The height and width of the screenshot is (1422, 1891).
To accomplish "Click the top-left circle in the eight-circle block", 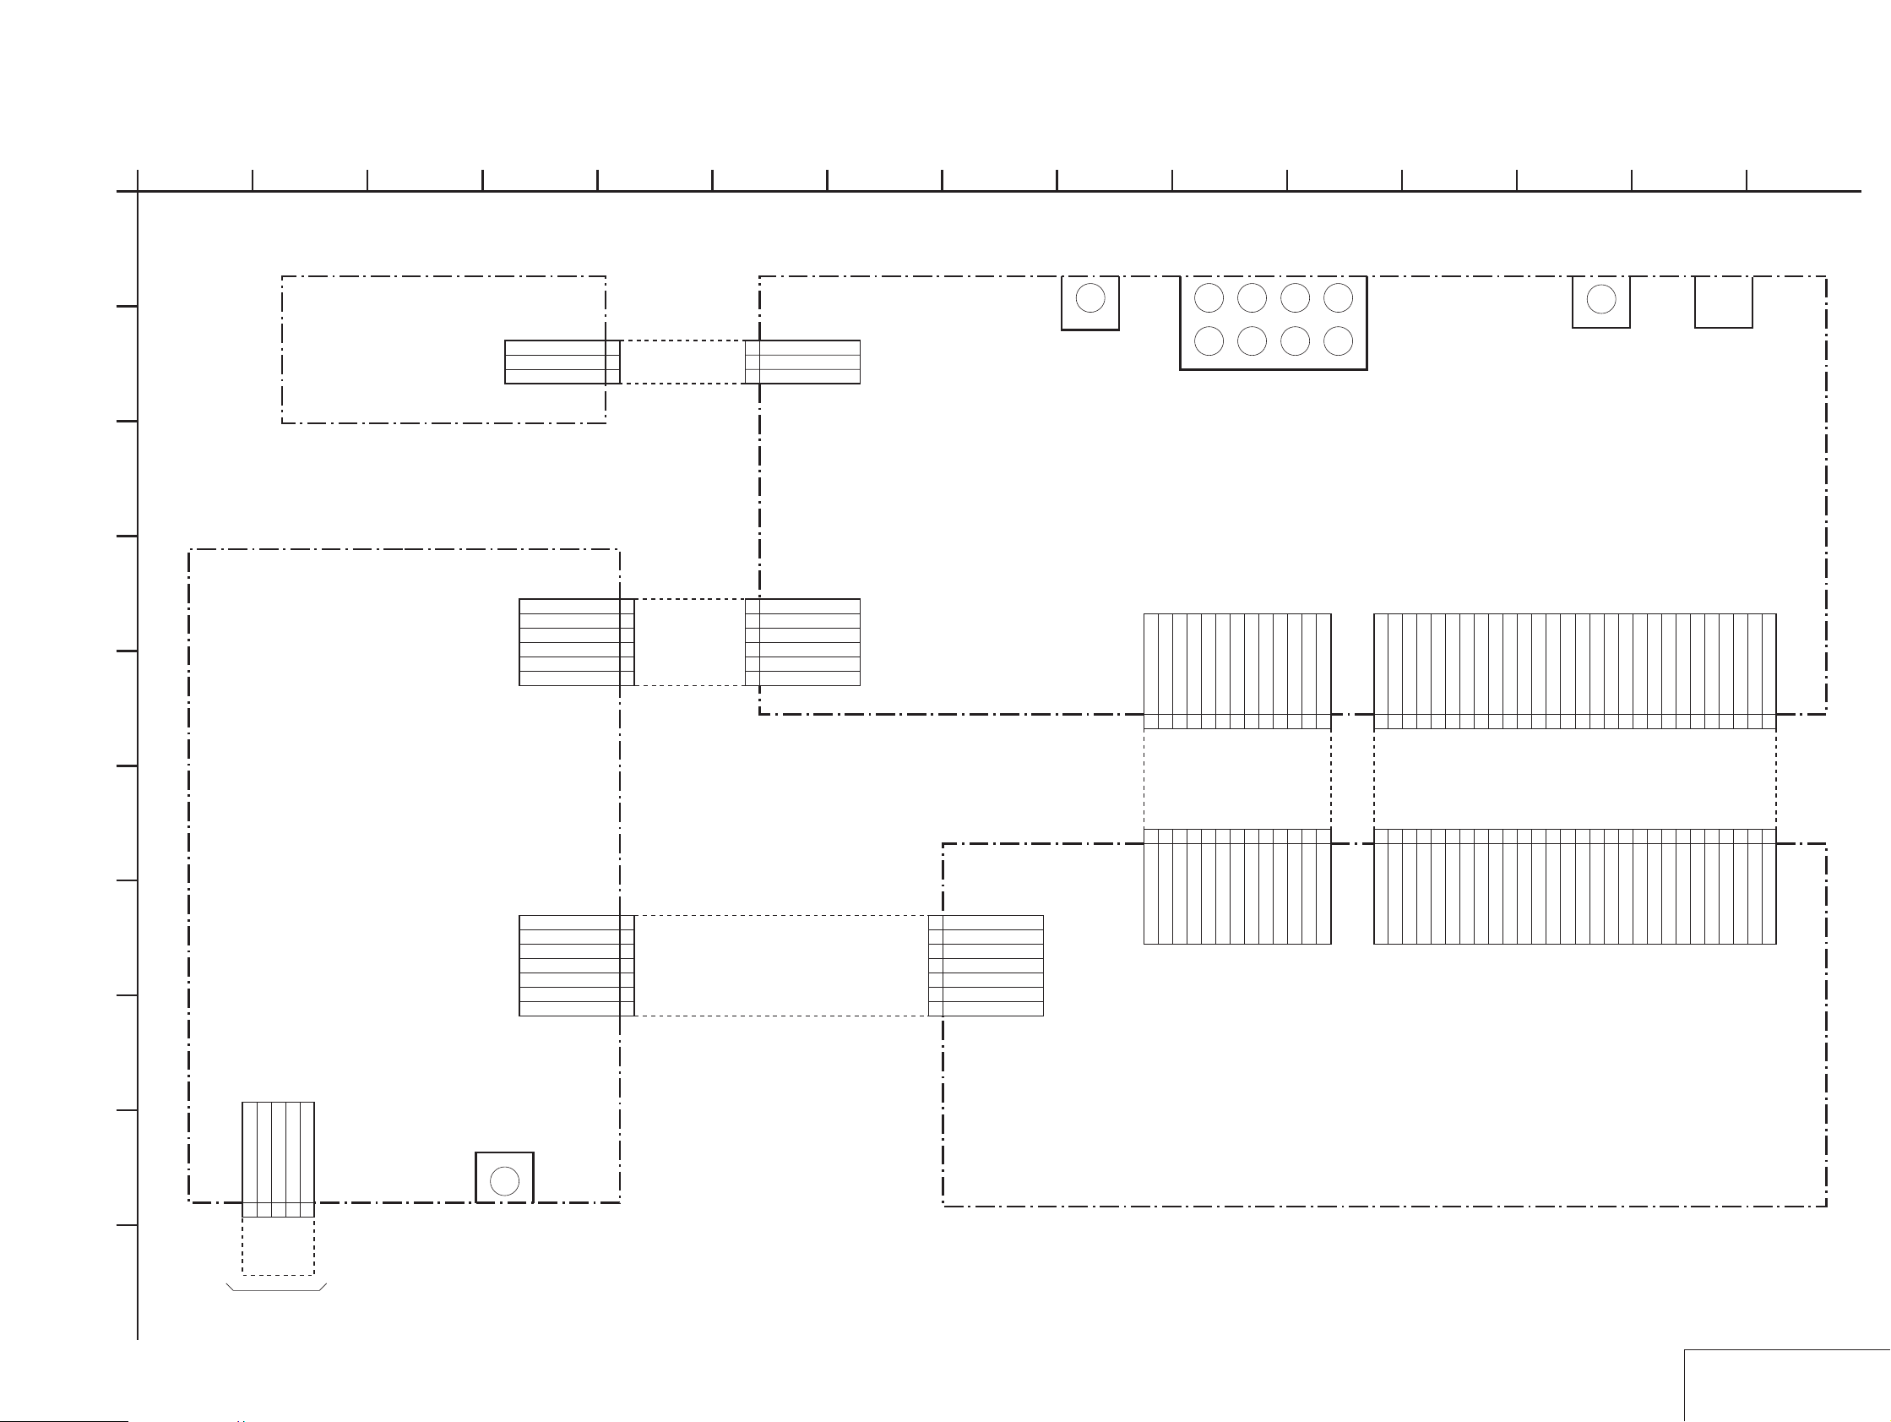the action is pos(1208,297).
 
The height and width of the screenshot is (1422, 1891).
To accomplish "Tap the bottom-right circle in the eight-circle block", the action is pos(1338,341).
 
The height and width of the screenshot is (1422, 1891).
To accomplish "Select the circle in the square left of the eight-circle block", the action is pos(1090,298).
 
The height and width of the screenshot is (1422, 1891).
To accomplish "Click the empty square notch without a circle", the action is pos(1724,301).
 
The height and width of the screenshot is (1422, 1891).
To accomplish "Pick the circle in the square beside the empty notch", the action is pos(1600,299).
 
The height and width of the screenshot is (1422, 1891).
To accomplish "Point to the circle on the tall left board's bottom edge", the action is pos(504,1181).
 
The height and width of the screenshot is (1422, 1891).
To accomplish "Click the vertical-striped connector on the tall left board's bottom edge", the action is pos(278,1158).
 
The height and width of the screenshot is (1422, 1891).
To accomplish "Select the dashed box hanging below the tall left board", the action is pos(278,1246).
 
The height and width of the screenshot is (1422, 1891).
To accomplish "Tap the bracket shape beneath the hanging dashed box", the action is pos(276,1287).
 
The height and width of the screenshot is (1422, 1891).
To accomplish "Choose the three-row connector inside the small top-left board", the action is pos(562,362).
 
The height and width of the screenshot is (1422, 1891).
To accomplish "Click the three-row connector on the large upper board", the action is pos(802,362).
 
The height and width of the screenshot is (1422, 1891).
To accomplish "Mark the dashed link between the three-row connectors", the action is pos(682,362).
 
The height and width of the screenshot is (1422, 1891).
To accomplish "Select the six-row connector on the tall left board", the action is pos(576,642).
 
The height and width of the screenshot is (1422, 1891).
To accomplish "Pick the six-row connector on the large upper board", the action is pos(802,642).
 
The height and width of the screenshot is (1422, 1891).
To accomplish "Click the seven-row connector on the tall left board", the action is pos(576,966).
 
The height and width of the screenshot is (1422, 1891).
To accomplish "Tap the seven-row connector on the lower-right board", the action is pos(986,966).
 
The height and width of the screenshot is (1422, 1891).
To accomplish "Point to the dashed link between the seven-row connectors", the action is pos(781,966).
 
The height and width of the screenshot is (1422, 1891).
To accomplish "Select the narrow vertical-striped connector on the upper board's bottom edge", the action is pos(1237,670).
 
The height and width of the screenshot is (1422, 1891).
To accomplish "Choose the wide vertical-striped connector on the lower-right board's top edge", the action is pos(1574,885).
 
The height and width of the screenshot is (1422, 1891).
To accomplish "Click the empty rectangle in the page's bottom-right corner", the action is pos(1787,1385).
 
